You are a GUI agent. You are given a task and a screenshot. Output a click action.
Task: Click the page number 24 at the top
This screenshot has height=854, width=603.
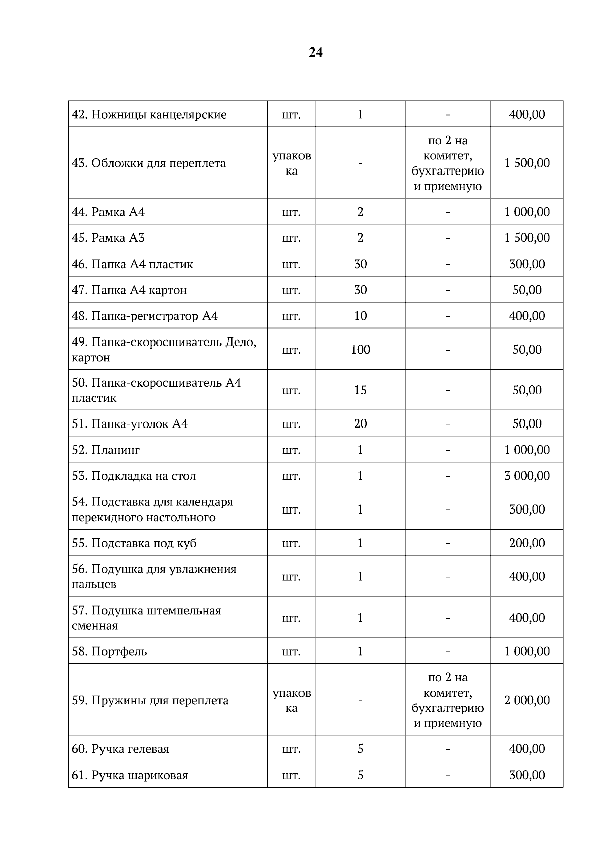pos(315,53)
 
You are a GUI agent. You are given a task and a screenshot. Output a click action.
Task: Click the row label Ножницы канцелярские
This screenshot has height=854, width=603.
pos(149,114)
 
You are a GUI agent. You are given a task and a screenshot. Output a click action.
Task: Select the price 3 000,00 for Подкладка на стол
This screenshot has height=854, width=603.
pos(527,476)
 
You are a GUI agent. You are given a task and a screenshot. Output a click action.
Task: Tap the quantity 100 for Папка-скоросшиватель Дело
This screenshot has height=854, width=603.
pos(360,350)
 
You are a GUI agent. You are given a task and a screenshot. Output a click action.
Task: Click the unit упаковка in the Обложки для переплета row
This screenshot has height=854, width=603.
pos(291,163)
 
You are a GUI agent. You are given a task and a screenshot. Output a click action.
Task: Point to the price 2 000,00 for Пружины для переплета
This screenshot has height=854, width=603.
pos(527,700)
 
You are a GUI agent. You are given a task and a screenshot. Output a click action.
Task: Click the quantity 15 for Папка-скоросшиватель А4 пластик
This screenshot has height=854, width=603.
pos(360,390)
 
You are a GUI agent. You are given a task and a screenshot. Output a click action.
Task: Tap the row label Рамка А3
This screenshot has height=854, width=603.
pos(108,238)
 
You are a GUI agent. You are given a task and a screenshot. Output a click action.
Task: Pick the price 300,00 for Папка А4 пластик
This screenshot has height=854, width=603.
pos(527,264)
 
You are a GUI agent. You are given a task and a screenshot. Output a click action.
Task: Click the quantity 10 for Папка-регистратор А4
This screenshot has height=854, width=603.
pos(360,316)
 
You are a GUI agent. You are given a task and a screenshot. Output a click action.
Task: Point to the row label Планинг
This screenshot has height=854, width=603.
pos(106,450)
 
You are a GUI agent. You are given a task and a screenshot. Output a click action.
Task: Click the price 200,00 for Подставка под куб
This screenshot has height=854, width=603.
pos(527,543)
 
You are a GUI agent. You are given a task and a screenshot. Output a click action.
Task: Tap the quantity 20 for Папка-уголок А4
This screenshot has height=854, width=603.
pos(360,424)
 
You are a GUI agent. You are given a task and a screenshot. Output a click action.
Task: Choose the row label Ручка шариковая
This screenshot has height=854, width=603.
pos(130,775)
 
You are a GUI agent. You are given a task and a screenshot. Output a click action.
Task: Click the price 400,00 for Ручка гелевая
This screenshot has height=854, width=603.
pos(527,749)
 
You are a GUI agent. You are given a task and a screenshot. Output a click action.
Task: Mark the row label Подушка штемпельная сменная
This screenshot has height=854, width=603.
pos(146,618)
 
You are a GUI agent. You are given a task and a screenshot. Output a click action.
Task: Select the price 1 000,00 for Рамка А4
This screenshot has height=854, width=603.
pos(527,212)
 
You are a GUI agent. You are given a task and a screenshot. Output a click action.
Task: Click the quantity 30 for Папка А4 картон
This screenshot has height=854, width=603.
pos(360,290)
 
